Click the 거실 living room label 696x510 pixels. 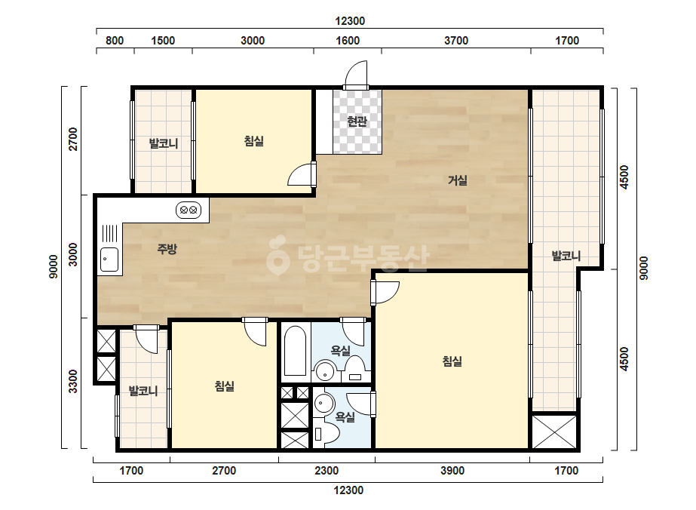(457, 180)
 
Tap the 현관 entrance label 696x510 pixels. (357, 121)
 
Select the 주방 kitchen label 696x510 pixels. (167, 249)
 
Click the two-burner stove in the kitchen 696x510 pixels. (189, 210)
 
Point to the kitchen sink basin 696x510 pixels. (109, 260)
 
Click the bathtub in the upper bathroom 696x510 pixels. (295, 351)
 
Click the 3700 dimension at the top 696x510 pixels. (456, 41)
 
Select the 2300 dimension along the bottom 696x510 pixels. (327, 471)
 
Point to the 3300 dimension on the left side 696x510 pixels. (73, 381)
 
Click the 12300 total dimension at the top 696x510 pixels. (350, 21)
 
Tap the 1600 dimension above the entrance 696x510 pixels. (348, 41)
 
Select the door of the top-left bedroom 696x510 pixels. (302, 174)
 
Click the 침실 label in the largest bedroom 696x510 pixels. (452, 361)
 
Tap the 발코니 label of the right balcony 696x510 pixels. (566, 256)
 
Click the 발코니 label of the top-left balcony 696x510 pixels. (164, 143)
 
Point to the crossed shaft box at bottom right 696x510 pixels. (553, 432)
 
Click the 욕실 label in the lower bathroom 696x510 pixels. (345, 416)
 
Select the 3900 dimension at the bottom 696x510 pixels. (452, 471)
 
